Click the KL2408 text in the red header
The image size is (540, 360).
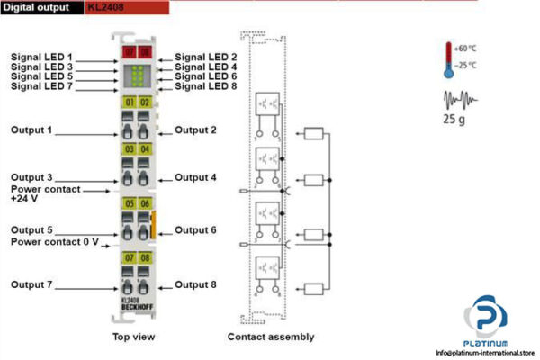(x=105, y=7)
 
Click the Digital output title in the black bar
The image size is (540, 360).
(x=41, y=7)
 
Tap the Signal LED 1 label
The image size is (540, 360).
(x=41, y=57)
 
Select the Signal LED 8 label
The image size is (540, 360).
(x=206, y=86)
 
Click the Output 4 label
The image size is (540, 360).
(x=196, y=177)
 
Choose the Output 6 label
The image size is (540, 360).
(x=196, y=230)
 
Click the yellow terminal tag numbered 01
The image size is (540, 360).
(x=130, y=103)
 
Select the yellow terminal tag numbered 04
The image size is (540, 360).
(x=145, y=148)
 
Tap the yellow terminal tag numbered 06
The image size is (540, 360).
(x=145, y=204)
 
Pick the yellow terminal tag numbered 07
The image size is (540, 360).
(x=130, y=258)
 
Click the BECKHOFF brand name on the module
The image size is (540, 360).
(x=137, y=308)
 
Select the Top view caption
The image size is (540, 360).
(x=137, y=337)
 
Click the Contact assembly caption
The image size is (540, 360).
(x=271, y=337)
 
